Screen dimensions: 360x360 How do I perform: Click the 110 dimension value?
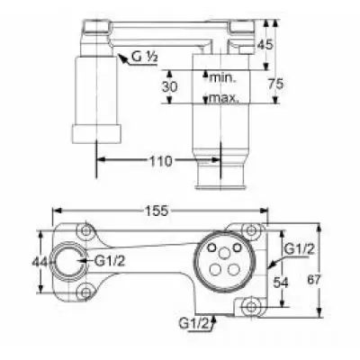pyautogui.click(x=160, y=161)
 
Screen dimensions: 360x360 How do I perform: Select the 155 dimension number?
pyautogui.click(x=157, y=211)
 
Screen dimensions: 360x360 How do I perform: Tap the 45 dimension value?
pyautogui.click(x=265, y=45)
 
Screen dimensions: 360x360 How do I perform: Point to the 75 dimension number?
pyautogui.click(x=275, y=84)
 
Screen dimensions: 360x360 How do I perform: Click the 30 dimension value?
pyautogui.click(x=170, y=86)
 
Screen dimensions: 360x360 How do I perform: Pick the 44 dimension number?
pyautogui.click(x=40, y=263)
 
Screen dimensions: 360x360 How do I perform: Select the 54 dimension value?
pyautogui.click(x=281, y=283)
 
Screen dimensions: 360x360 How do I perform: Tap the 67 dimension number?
pyautogui.click(x=314, y=280)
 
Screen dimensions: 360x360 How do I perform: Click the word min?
pyautogui.click(x=223, y=78)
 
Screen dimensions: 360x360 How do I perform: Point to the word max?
pyautogui.click(x=224, y=97)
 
